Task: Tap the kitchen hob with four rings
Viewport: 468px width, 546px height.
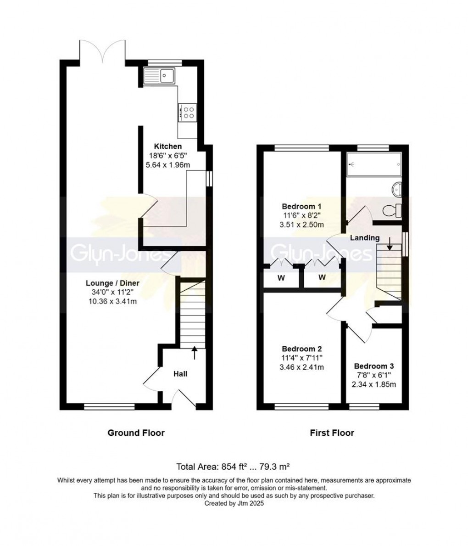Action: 188,113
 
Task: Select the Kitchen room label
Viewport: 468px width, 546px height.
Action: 167,146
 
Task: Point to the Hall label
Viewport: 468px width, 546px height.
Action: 180,374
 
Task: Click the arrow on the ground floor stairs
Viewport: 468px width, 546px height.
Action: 194,352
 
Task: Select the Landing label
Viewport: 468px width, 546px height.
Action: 365,237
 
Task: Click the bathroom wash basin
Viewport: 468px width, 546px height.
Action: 397,188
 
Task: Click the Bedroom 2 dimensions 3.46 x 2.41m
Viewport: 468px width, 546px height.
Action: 302,367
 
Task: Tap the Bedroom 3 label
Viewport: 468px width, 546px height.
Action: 373,366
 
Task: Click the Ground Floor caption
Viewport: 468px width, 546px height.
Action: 136,433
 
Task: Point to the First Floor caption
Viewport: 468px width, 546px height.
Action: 332,433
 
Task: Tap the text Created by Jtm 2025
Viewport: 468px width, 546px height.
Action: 234,503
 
